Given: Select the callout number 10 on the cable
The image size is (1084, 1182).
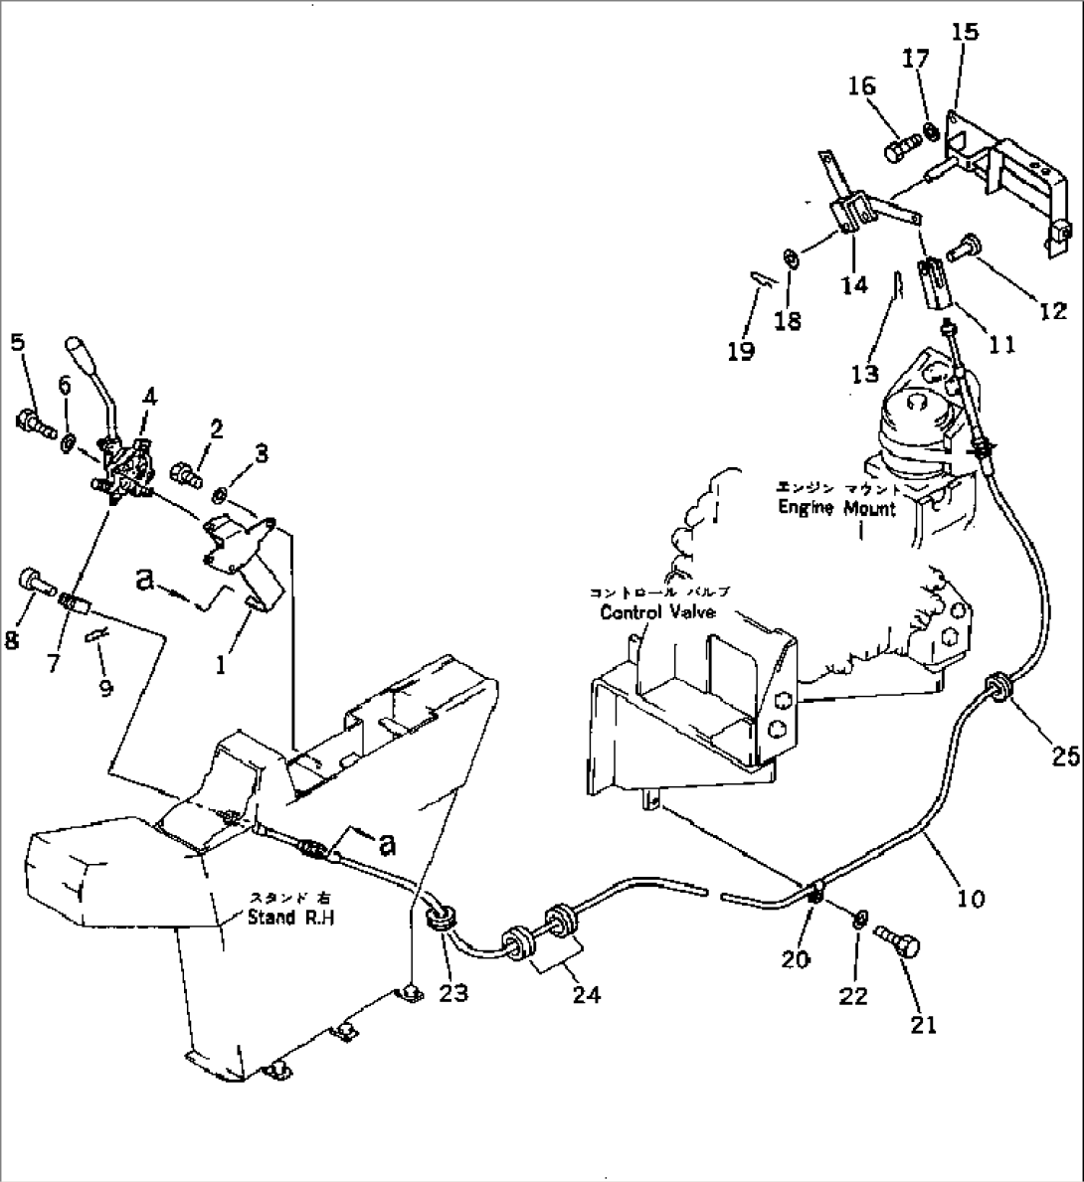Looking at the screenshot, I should click(x=971, y=899).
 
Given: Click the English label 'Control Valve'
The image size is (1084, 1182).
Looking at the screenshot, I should click(x=657, y=612).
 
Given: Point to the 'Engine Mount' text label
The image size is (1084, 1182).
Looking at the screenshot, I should click(x=836, y=508).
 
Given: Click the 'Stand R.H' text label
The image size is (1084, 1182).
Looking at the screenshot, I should click(x=290, y=917).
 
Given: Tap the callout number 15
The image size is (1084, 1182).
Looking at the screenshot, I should click(x=964, y=32).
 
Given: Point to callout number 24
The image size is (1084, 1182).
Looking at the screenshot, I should click(x=587, y=993).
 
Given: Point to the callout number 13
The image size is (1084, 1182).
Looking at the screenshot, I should click(x=865, y=373).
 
